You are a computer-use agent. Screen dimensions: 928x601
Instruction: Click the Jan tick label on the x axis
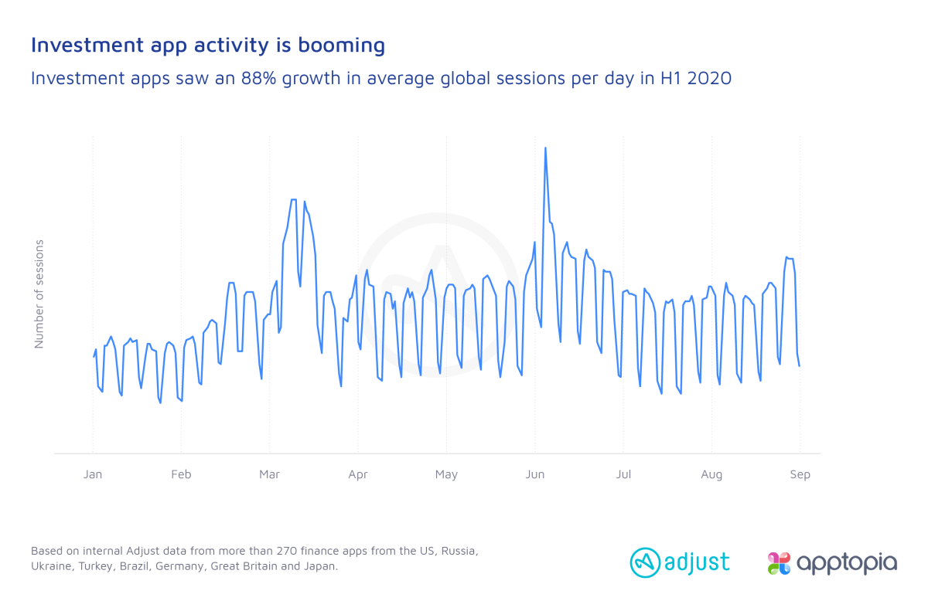pyautogui.click(x=92, y=474)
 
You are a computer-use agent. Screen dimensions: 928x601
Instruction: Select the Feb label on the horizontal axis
pyautogui.click(x=181, y=474)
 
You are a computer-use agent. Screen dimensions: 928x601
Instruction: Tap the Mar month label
pyautogui.click(x=269, y=474)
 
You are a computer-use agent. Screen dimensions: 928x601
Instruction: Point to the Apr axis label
pyautogui.click(x=358, y=475)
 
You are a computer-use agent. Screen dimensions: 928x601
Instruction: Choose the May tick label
pyautogui.click(x=446, y=475)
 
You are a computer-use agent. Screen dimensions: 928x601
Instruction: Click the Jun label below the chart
pyautogui.click(x=535, y=474)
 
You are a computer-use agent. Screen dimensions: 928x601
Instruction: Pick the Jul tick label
pyautogui.click(x=623, y=474)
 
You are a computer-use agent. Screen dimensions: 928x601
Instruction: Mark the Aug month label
pyautogui.click(x=711, y=475)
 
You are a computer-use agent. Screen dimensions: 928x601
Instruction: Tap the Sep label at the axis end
pyautogui.click(x=800, y=475)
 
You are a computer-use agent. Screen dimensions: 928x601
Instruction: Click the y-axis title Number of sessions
pyautogui.click(x=39, y=294)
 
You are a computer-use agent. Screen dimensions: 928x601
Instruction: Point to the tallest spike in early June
pyautogui.click(x=545, y=148)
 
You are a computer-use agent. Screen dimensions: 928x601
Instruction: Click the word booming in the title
pyautogui.click(x=341, y=46)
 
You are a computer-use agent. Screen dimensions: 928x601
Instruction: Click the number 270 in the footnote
pyautogui.click(x=286, y=551)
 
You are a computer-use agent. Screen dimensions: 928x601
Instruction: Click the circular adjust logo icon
pyautogui.click(x=645, y=562)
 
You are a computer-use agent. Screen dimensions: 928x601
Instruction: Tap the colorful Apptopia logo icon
pyautogui.click(x=779, y=563)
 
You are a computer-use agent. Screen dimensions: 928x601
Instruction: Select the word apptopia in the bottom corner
pyautogui.click(x=847, y=563)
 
